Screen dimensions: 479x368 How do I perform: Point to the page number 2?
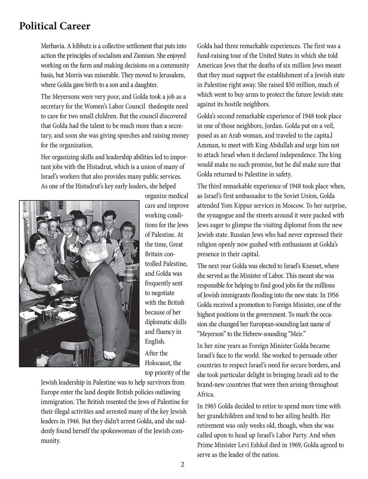(x=182, y=464)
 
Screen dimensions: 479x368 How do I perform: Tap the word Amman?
(x=207, y=145)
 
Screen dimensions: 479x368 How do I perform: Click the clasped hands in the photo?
(x=55, y=289)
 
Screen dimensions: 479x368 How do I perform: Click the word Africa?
(x=206, y=394)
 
